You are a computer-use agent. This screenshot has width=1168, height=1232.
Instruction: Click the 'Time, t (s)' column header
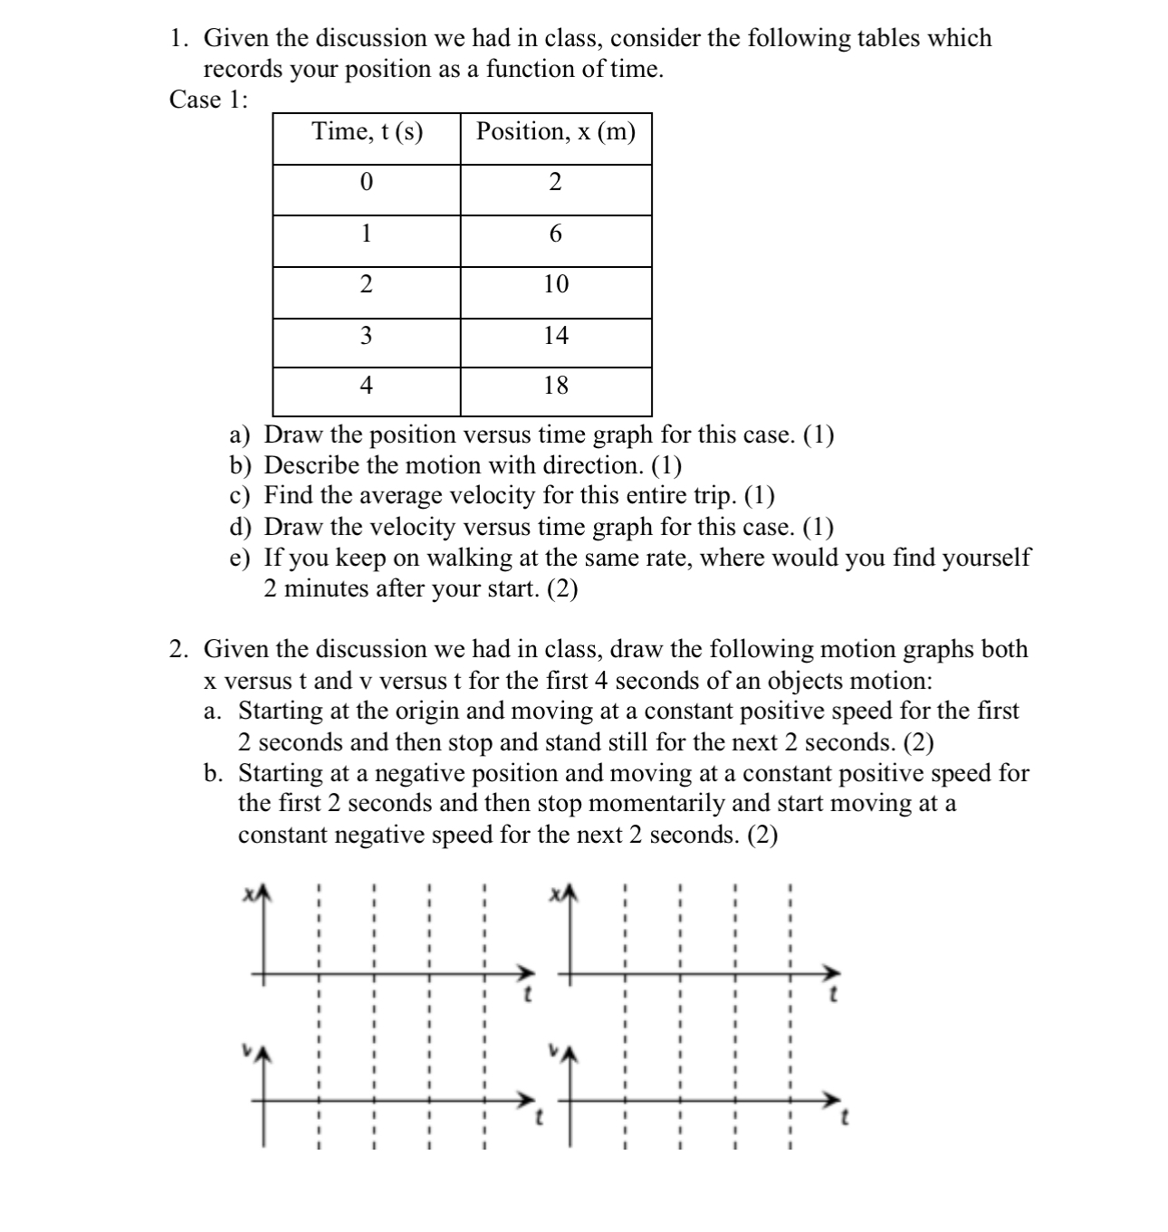(367, 132)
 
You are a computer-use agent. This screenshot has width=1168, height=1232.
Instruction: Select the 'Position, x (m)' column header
(555, 132)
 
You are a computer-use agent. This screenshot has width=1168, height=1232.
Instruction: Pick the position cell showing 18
(555, 386)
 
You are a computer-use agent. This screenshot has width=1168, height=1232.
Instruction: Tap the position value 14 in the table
(555, 336)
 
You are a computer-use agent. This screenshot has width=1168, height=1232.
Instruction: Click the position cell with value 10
(555, 284)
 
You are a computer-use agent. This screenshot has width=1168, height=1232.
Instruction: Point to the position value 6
(555, 234)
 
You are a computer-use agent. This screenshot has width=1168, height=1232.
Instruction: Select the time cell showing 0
(366, 183)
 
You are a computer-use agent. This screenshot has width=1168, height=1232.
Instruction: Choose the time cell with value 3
(366, 336)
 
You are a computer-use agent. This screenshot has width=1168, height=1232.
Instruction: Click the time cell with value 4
(366, 386)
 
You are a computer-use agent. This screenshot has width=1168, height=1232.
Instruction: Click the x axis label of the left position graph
(246, 894)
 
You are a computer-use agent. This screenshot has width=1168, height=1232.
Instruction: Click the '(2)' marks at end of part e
(561, 589)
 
